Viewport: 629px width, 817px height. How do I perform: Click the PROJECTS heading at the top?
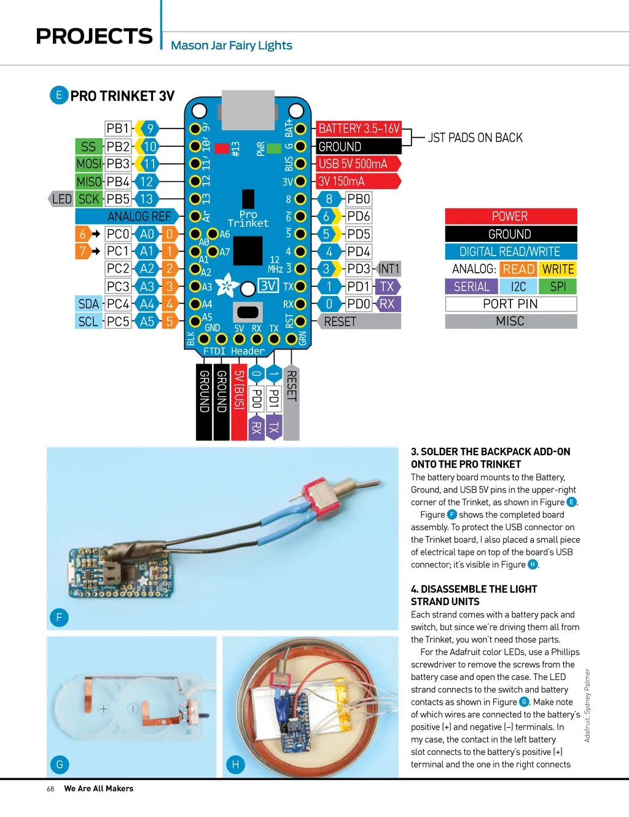click(94, 37)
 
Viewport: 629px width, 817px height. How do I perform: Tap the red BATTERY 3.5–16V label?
click(359, 129)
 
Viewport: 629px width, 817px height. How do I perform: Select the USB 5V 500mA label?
click(355, 164)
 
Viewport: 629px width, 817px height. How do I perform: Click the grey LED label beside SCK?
click(61, 199)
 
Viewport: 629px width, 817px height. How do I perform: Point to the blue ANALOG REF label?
click(138, 216)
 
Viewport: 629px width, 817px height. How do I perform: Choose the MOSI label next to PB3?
click(88, 164)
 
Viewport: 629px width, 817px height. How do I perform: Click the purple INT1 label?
click(388, 269)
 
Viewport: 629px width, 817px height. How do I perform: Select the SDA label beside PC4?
click(88, 304)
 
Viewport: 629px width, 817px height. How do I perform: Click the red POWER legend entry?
click(510, 216)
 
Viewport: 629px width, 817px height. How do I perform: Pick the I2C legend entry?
click(518, 287)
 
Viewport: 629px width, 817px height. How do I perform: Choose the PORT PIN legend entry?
click(510, 304)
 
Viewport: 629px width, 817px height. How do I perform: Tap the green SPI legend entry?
click(558, 287)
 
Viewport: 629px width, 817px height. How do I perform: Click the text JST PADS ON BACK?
click(475, 138)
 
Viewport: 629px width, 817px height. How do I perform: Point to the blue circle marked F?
click(59, 618)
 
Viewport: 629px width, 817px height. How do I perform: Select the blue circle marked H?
click(235, 765)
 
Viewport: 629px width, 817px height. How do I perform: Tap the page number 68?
click(50, 789)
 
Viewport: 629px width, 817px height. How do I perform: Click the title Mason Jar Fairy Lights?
click(231, 45)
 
